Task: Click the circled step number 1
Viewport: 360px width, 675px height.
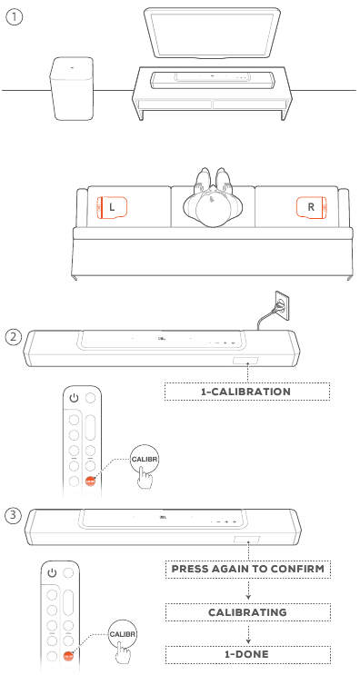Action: click(x=14, y=17)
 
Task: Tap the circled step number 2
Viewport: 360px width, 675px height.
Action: click(x=14, y=337)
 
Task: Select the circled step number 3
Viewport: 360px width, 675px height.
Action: click(x=14, y=515)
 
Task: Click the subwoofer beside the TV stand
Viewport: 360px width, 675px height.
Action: click(x=72, y=88)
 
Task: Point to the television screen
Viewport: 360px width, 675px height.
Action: click(x=213, y=33)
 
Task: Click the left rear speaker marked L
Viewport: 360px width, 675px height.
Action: click(x=112, y=207)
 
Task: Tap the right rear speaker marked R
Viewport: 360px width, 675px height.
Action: click(x=311, y=207)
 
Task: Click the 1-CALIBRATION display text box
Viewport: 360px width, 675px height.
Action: click(x=246, y=392)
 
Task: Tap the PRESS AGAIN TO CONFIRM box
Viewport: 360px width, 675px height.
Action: click(x=248, y=569)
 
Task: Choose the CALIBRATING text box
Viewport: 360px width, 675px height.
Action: click(x=248, y=612)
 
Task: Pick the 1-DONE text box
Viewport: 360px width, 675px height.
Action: click(x=248, y=654)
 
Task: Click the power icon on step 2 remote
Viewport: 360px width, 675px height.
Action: click(x=74, y=398)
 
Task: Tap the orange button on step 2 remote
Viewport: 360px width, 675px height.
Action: click(x=90, y=481)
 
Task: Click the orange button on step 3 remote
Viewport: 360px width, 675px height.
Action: click(x=68, y=657)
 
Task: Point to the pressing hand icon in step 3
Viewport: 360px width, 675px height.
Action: click(x=124, y=654)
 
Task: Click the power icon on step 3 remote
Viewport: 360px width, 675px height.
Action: click(x=52, y=573)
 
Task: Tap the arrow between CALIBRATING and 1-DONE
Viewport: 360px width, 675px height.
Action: click(x=248, y=633)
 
